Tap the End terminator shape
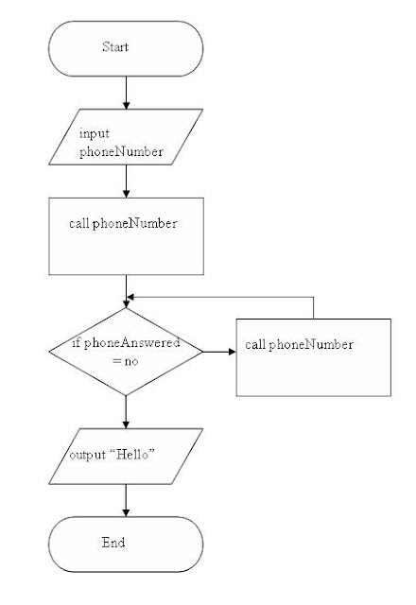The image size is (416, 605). click(126, 544)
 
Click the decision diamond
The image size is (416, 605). click(126, 352)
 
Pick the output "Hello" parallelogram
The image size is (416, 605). click(126, 456)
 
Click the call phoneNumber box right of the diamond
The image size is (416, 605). click(313, 357)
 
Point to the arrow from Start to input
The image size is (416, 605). click(126, 92)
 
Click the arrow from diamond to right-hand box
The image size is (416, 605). click(218, 352)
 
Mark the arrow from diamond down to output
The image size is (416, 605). click(126, 410)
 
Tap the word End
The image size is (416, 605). click(113, 543)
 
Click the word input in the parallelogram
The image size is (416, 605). click(93, 134)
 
